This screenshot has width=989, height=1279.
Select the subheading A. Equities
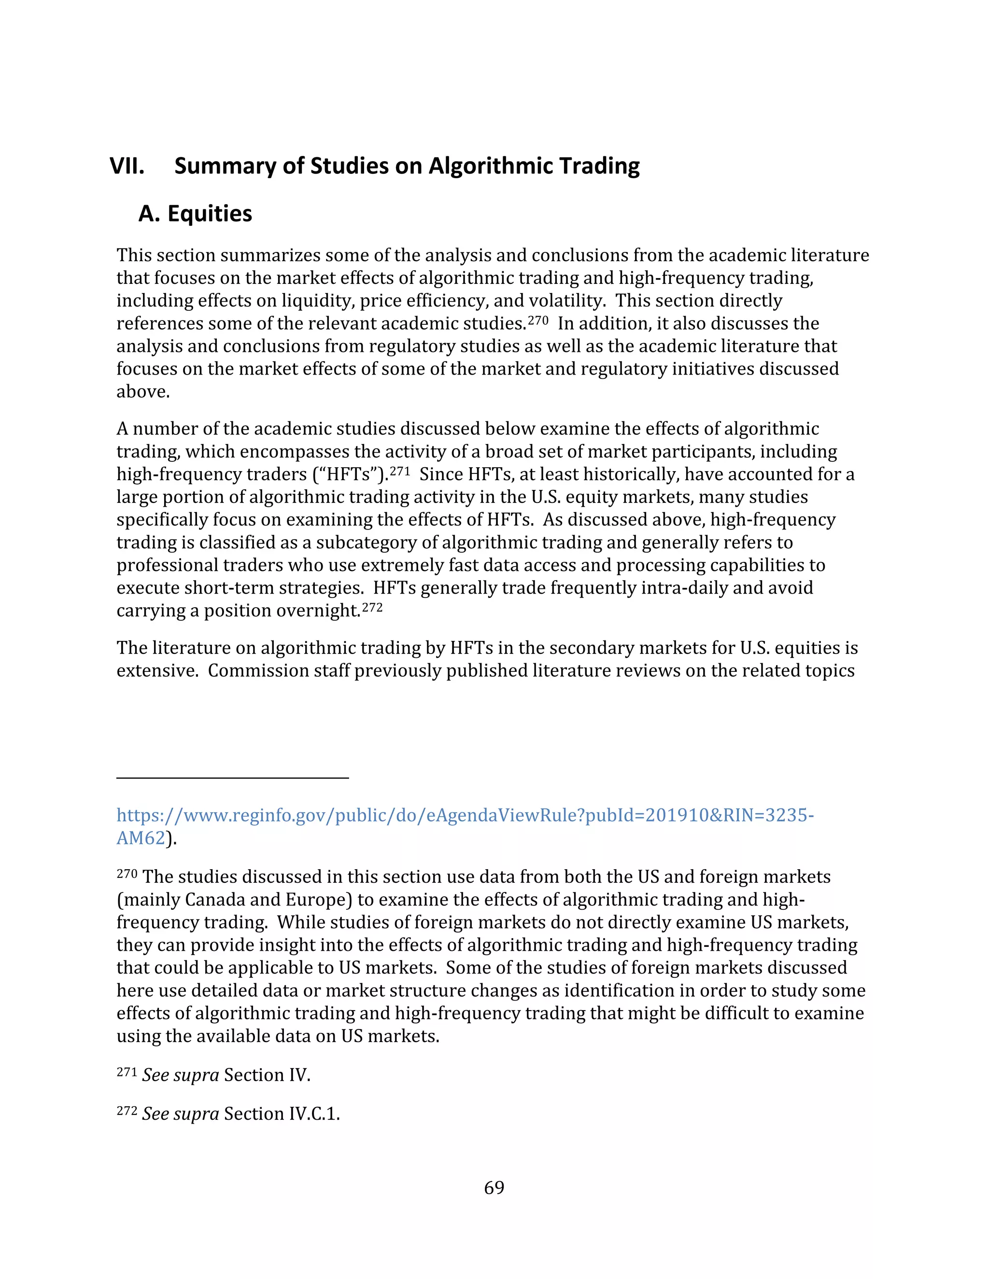[x=195, y=214]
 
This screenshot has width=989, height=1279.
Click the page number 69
[x=494, y=1187]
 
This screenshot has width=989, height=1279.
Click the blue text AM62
[x=141, y=838]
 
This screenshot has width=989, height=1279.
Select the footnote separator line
[x=233, y=778]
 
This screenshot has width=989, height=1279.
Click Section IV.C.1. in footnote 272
[x=281, y=1113]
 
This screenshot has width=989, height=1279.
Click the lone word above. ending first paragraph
[x=143, y=391]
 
